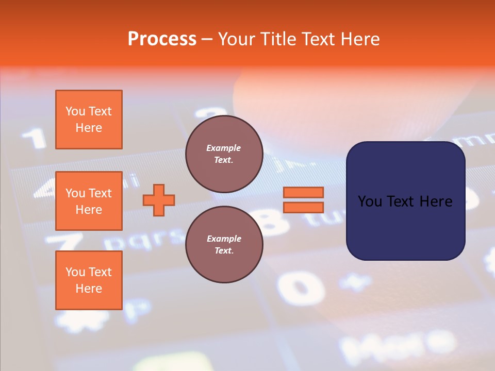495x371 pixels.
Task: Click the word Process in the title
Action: [162, 39]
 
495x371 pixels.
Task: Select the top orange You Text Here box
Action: [89, 120]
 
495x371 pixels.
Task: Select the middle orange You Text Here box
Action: [89, 201]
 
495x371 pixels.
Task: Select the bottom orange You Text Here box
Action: [89, 280]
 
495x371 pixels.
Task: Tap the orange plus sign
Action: [159, 200]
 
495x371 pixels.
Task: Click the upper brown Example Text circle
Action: [224, 154]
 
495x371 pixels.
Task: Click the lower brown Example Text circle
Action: [224, 245]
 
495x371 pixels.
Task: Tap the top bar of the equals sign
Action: [303, 192]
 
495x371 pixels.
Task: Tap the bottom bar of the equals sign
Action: [303, 207]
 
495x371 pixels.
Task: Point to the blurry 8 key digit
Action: [273, 222]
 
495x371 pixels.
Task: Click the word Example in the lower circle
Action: [224, 239]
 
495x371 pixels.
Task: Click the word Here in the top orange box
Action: [89, 128]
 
